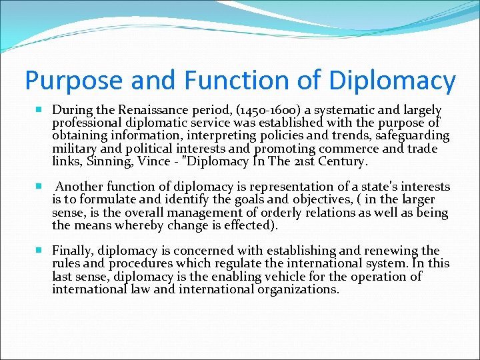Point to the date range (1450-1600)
(x=262, y=110)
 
